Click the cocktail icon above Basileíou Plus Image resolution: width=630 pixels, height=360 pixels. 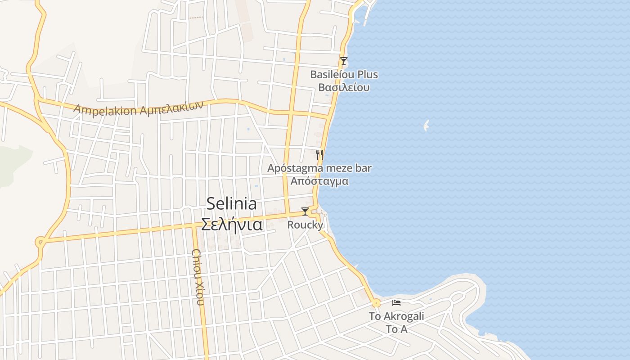coord(344,61)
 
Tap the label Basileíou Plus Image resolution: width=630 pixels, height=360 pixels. coord(344,75)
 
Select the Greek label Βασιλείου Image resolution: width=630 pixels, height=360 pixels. coord(344,87)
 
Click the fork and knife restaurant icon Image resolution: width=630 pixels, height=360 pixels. coord(319,155)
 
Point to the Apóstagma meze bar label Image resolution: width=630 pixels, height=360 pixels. coord(319,168)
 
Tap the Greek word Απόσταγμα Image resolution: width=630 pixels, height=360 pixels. coord(319,181)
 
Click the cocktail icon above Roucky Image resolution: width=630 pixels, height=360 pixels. coord(305,211)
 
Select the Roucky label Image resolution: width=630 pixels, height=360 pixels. coord(305,225)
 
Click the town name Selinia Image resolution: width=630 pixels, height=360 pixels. coord(231,204)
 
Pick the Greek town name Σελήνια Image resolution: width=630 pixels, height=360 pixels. coord(231,224)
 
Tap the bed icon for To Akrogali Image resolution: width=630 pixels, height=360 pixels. coord(396,303)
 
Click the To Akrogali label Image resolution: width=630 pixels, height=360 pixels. coord(396,316)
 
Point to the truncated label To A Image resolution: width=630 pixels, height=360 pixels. coord(396,329)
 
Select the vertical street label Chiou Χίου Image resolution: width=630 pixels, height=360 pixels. coord(198,277)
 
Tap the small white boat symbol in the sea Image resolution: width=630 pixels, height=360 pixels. coord(426,126)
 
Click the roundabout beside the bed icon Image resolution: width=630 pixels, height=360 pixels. coord(377,303)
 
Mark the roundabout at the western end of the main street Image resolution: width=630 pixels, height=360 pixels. coord(40,243)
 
